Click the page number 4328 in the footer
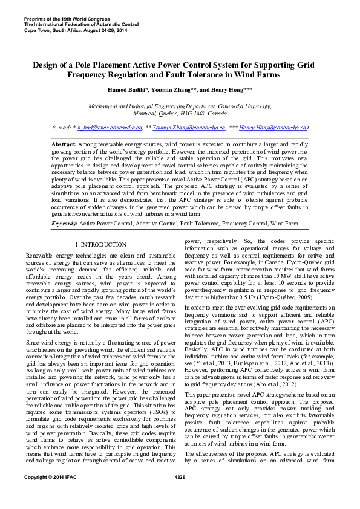click(180, 494)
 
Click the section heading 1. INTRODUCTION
click(100, 244)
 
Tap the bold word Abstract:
click(64, 146)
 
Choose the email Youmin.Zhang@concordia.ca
click(189, 128)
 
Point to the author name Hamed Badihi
click(130, 90)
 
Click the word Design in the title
click(45, 64)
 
